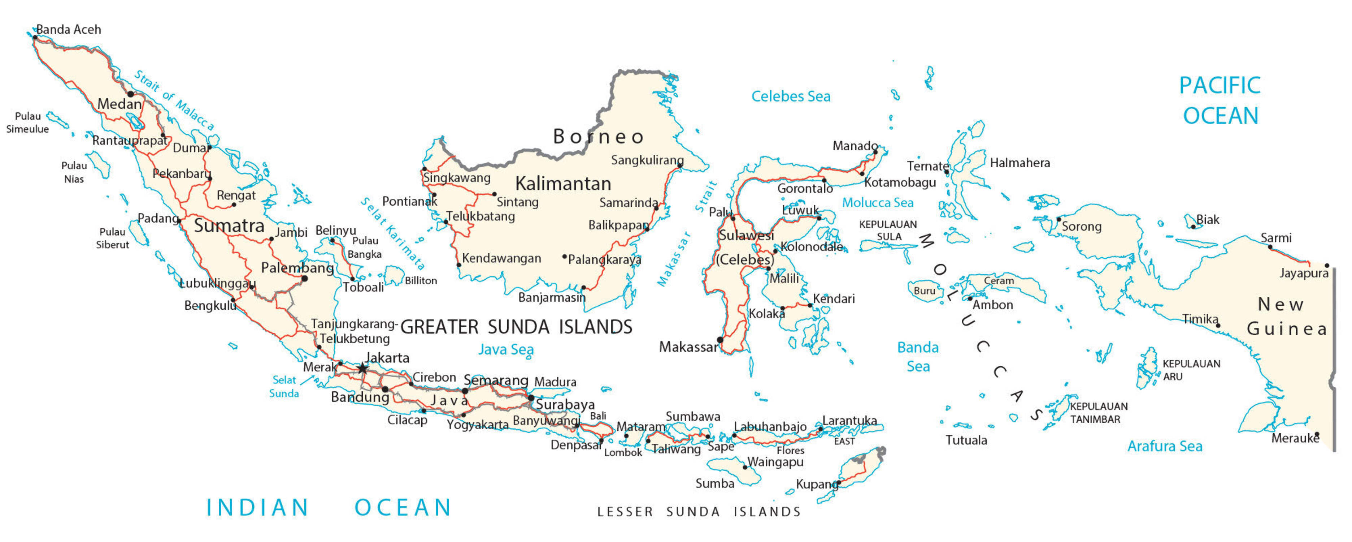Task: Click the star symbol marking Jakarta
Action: (x=362, y=369)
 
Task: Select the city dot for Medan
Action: (x=131, y=94)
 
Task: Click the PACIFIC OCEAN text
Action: (x=1220, y=100)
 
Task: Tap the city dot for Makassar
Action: (x=720, y=340)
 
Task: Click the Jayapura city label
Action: (x=1303, y=273)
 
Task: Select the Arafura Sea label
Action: (x=1164, y=446)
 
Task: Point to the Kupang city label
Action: (x=816, y=484)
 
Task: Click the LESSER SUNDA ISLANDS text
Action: (x=699, y=512)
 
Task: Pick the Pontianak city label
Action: (x=409, y=202)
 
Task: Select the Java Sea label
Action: (x=505, y=350)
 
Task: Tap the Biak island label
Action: (x=1207, y=220)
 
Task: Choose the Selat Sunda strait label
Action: (x=284, y=387)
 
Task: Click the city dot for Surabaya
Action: (x=531, y=398)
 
